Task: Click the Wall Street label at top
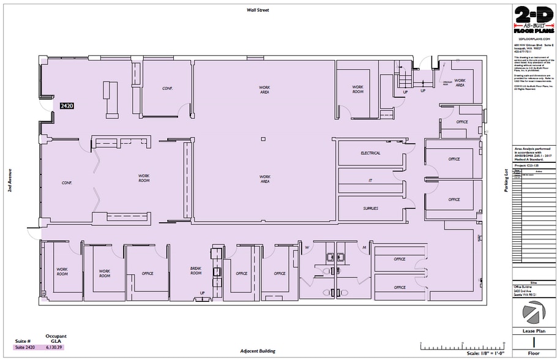[x=258, y=10]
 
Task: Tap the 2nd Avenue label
[x=10, y=181]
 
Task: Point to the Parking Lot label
[x=506, y=181]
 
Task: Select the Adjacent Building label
[x=258, y=352]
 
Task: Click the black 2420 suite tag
[x=66, y=106]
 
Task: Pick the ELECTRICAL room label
[x=370, y=153]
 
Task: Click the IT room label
[x=370, y=181]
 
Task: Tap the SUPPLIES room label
[x=370, y=208]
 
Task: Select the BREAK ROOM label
[x=196, y=271]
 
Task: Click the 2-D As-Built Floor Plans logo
[x=532, y=20]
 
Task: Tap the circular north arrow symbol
[x=532, y=313]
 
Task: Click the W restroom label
[x=307, y=247]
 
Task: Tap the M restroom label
[x=364, y=247]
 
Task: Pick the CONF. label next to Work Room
[x=67, y=182]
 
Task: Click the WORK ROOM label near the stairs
[x=357, y=89]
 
